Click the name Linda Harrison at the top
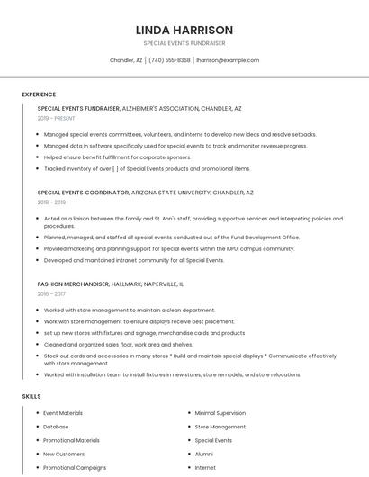click(x=184, y=30)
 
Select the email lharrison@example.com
click(x=228, y=60)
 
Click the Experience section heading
click(x=39, y=94)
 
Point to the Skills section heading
click(x=31, y=396)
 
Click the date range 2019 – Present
click(x=57, y=118)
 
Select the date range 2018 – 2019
click(x=52, y=202)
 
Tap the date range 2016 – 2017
click(x=51, y=293)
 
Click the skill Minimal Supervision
click(x=220, y=413)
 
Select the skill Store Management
click(x=220, y=427)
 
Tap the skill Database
click(x=56, y=427)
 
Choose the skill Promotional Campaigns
click(x=75, y=467)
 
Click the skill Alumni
click(x=204, y=454)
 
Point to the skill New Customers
click(x=64, y=454)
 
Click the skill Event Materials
click(x=63, y=413)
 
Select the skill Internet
click(x=205, y=467)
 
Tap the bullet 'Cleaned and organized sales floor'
click(x=118, y=344)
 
